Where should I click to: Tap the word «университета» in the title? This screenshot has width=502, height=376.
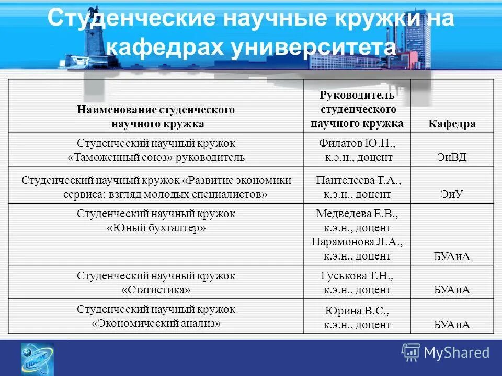point(312,48)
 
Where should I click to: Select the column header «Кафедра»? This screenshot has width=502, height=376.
point(452,124)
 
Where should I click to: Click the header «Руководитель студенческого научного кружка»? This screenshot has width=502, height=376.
point(357,110)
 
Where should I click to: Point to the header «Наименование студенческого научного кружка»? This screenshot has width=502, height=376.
point(156,117)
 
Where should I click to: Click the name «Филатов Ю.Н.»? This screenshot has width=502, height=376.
point(357,143)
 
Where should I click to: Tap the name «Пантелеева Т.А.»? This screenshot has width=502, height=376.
point(358,180)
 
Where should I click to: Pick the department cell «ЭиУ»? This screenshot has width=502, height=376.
point(452,194)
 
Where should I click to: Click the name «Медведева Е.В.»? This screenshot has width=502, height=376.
point(357,214)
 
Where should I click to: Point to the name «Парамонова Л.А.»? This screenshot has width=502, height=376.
point(357,242)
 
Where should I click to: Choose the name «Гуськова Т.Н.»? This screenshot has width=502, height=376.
point(357,276)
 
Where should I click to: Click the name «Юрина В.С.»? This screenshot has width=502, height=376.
point(357,311)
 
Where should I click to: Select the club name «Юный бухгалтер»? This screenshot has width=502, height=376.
point(156,228)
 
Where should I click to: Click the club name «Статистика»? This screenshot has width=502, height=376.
point(156,289)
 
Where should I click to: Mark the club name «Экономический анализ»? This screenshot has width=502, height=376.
point(156,323)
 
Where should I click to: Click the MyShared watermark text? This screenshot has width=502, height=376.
point(457,352)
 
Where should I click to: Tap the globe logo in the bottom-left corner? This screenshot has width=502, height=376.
point(37,359)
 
